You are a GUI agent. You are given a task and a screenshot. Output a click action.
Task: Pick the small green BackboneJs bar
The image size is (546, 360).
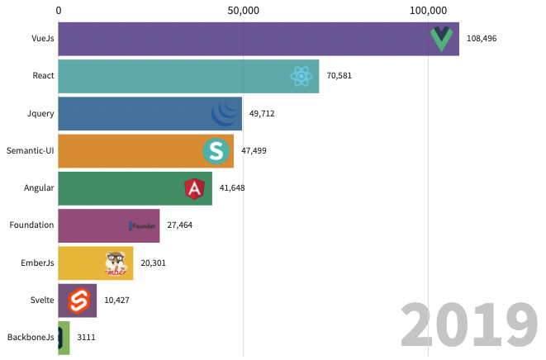click(64, 338)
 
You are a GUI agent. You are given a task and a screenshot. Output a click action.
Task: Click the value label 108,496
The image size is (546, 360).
click(482, 39)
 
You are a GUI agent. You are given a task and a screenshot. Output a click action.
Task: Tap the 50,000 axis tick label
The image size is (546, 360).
click(243, 10)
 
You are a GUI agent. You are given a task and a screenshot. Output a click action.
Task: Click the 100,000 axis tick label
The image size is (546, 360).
click(428, 10)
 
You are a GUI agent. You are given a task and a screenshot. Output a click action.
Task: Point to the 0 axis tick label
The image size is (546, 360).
click(59, 10)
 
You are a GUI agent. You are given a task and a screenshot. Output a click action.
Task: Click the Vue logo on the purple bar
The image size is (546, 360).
click(442, 38)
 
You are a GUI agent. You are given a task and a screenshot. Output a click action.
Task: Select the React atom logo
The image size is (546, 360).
click(302, 77)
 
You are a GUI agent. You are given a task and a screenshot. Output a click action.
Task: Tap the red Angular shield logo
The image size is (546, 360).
click(194, 189)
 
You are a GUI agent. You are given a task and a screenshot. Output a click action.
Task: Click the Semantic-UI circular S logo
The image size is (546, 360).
click(216, 151)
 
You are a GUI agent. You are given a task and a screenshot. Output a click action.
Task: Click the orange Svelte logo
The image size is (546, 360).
click(78, 301)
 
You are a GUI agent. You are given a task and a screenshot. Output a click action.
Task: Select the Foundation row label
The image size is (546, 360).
click(31, 225)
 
